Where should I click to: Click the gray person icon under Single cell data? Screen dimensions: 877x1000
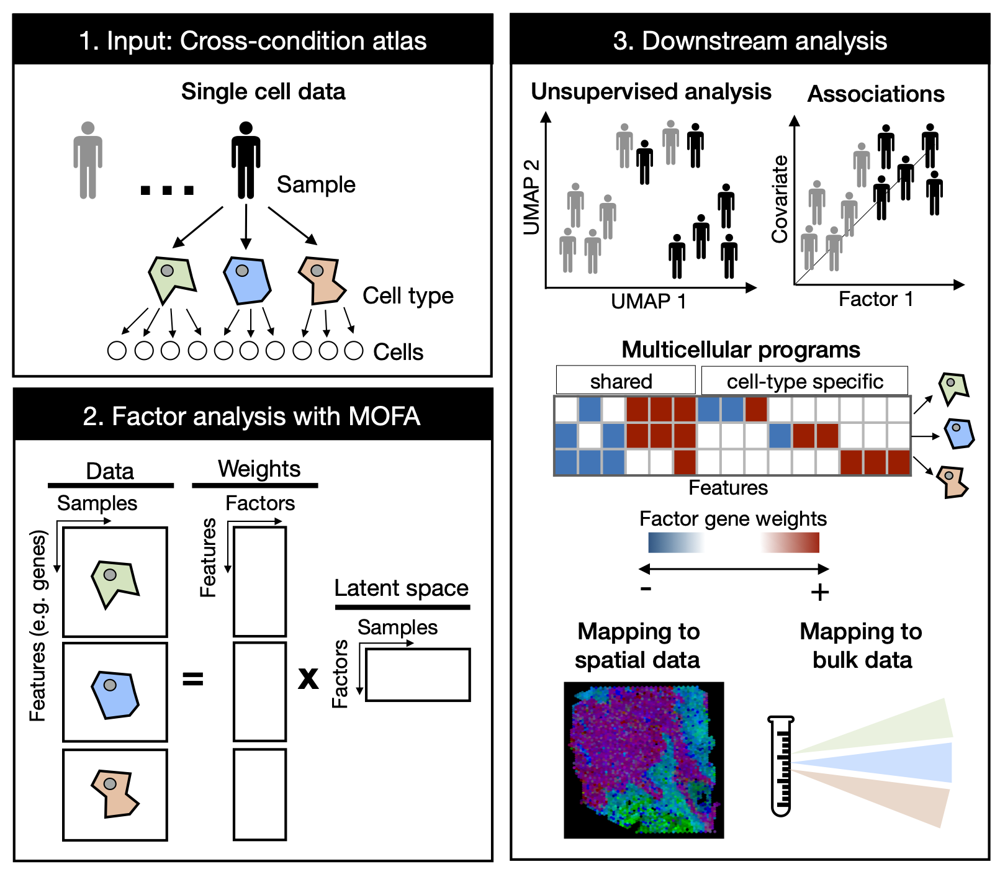point(88,160)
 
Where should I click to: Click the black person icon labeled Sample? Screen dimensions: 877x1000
point(246,160)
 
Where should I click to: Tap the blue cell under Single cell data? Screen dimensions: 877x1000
point(247,281)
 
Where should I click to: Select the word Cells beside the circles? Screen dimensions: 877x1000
point(398,352)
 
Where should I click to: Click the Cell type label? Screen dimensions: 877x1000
point(408,295)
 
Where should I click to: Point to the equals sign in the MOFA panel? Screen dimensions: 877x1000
point(192,679)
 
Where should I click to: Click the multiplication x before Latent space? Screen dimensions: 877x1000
point(308,678)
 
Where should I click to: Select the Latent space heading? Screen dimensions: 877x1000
point(401,588)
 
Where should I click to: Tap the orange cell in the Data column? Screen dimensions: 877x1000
point(115,793)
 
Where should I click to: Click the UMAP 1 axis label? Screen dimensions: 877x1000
point(648,302)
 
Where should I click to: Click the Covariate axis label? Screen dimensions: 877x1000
point(780,199)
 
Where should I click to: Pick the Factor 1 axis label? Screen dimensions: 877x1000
point(875,299)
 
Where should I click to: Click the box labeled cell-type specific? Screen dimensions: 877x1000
point(804,380)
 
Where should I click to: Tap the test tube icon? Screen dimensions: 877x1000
point(781,767)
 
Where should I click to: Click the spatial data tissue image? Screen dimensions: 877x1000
point(644,760)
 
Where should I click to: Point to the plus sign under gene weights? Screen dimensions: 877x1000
point(819,592)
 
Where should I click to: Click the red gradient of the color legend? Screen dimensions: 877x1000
point(791,542)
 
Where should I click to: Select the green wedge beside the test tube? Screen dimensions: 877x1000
point(900,726)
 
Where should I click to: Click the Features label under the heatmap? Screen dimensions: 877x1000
point(727,488)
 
